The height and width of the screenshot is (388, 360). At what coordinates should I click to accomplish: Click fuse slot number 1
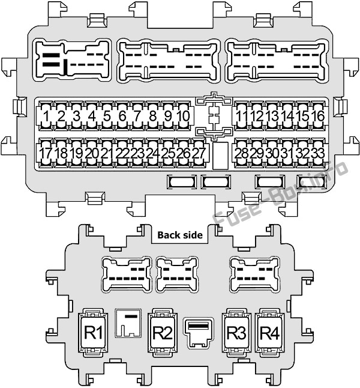click(x=46, y=116)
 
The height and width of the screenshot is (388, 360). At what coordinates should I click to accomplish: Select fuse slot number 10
click(x=184, y=116)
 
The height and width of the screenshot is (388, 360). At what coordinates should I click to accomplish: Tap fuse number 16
click(x=318, y=116)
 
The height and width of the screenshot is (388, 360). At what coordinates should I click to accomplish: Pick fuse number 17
click(x=46, y=153)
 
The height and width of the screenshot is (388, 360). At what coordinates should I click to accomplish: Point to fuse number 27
click(x=199, y=153)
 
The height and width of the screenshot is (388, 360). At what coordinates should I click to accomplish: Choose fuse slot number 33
click(x=318, y=153)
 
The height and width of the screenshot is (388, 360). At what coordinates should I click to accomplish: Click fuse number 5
click(x=107, y=116)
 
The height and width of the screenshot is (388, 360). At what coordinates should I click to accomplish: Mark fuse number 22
click(x=122, y=153)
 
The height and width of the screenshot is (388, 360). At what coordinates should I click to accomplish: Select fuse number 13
click(x=272, y=116)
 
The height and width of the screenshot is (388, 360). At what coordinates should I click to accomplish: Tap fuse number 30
click(x=272, y=153)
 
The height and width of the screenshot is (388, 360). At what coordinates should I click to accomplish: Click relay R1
click(x=93, y=333)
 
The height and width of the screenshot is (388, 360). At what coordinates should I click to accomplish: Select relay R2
click(x=163, y=333)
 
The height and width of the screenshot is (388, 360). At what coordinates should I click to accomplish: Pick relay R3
click(x=236, y=333)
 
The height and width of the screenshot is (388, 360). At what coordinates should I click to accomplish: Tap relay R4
click(x=270, y=333)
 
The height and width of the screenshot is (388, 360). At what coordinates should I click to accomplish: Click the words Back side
click(x=180, y=235)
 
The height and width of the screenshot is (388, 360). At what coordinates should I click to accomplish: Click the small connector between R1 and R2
click(x=128, y=323)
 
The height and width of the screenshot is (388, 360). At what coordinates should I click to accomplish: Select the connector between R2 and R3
click(x=199, y=333)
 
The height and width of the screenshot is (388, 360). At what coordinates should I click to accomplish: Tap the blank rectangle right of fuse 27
click(x=220, y=156)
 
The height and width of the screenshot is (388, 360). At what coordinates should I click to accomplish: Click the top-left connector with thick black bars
click(x=72, y=59)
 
